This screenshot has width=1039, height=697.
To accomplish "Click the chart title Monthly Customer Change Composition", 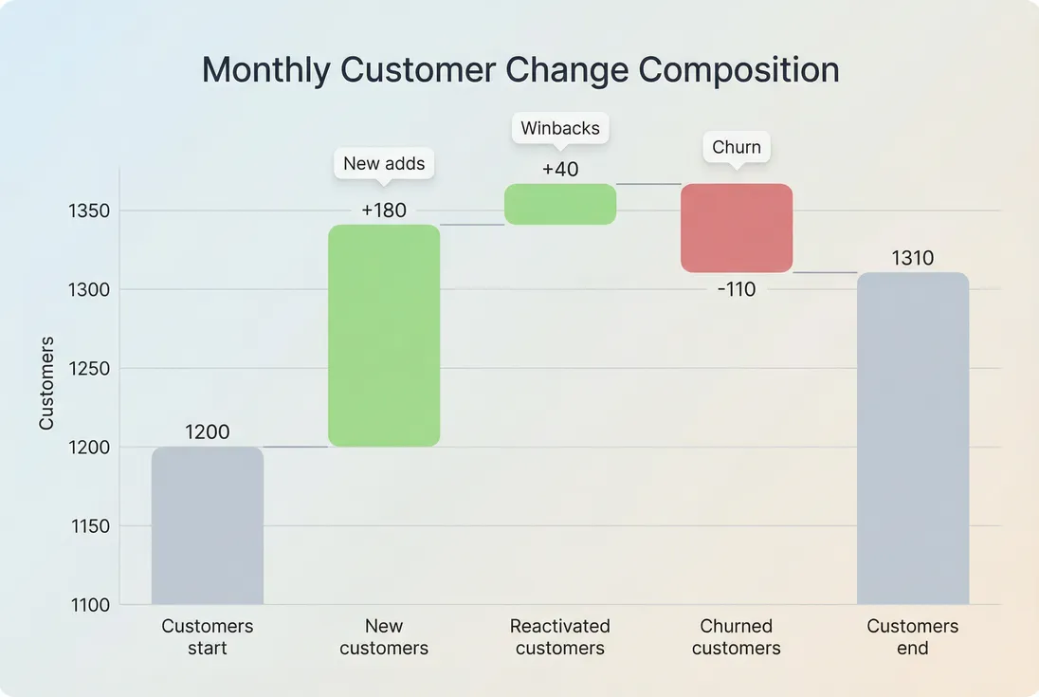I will tap(520, 71).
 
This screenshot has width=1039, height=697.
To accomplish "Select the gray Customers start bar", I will tap(208, 525).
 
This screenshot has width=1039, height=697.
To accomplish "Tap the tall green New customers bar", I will tap(384, 336).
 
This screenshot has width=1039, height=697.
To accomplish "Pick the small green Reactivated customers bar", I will tap(560, 204).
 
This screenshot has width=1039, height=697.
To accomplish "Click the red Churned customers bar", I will tap(737, 229).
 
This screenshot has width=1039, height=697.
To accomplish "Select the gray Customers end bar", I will tap(913, 438).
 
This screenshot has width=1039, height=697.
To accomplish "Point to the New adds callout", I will tap(384, 163).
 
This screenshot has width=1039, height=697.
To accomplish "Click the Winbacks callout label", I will tap(560, 128).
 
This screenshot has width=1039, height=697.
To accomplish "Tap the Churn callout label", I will tap(737, 147).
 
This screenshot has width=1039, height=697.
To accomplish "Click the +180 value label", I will tap(384, 211).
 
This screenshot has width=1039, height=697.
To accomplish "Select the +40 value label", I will tap(560, 170).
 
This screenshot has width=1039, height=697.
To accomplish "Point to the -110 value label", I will tap(737, 289).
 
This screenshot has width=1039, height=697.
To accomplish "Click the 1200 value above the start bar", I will tap(208, 432).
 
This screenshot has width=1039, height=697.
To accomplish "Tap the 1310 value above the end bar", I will tap(913, 258).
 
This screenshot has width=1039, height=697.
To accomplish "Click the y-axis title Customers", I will tap(46, 382).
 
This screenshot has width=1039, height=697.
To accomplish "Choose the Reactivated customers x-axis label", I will tap(560, 637).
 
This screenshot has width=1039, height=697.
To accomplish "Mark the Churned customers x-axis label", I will tap(737, 637).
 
